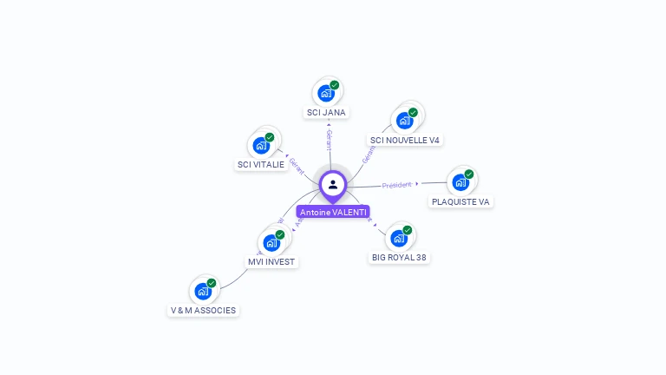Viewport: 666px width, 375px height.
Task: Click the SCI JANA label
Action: (326, 112)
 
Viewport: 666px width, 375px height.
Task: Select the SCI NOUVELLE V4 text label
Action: (405, 140)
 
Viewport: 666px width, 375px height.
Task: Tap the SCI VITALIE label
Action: (260, 164)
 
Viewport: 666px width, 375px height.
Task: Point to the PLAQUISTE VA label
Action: (460, 201)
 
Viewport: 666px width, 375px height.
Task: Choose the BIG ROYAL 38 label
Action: (399, 257)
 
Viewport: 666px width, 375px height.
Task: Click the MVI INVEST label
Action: (271, 261)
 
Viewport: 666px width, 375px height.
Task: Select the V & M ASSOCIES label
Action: (203, 310)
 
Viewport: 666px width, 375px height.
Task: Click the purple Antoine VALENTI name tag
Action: (333, 212)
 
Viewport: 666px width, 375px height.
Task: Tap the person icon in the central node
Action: (333, 184)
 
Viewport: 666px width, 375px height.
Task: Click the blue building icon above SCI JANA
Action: (325, 93)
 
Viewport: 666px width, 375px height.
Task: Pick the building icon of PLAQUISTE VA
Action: (460, 182)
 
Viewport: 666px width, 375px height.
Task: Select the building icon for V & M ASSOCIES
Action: (202, 291)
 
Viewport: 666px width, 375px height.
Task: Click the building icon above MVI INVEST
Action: (271, 242)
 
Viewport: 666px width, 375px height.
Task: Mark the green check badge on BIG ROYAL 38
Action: (408, 230)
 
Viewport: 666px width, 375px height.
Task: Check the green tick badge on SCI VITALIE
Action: (270, 137)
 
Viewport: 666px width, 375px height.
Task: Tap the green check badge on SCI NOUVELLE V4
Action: (413, 112)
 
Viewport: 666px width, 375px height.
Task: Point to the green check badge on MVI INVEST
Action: (280, 234)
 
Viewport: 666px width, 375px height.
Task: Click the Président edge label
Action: (396, 185)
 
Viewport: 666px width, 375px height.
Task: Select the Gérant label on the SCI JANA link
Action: (329, 139)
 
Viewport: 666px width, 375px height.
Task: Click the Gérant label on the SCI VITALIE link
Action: (297, 164)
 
